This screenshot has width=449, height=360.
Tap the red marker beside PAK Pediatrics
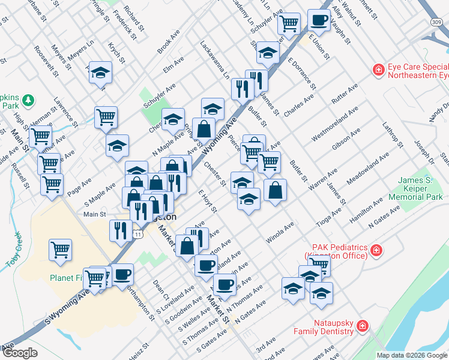pos(376,250)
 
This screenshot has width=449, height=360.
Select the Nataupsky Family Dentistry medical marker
pos(362,326)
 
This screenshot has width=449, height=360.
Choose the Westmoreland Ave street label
pos(335,124)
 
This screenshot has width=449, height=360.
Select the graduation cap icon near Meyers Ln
pos(101,73)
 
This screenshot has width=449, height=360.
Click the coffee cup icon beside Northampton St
pos(122,274)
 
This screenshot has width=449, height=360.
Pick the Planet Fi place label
pos(68,278)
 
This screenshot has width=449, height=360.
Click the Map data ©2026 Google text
pos(411,355)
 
